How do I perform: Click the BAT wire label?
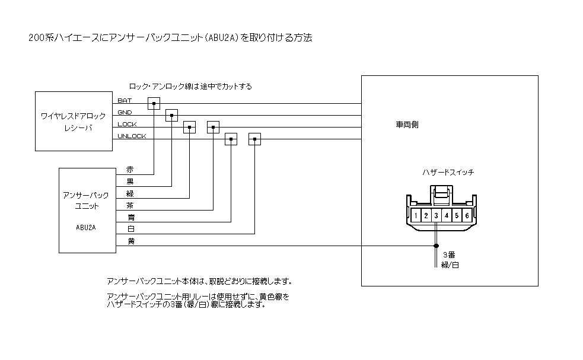[x=125, y=100]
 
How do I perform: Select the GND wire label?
[x=125, y=112]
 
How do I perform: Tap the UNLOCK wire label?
[x=132, y=136]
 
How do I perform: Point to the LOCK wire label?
[x=127, y=124]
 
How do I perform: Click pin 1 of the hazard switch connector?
[x=417, y=215]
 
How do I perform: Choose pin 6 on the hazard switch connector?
[x=467, y=215]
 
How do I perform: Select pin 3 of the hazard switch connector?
[x=437, y=215]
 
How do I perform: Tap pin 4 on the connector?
[x=447, y=215]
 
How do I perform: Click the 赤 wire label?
[x=130, y=170]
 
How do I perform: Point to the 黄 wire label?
[x=130, y=241]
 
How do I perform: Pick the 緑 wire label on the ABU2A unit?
[x=130, y=193]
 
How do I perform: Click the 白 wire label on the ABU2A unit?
[x=130, y=229]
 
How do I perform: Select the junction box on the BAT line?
[x=154, y=104]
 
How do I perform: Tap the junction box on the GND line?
[x=171, y=116]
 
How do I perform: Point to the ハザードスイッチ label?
[x=448, y=172]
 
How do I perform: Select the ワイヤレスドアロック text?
[x=74, y=115]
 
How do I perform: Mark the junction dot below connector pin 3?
[x=437, y=246]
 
